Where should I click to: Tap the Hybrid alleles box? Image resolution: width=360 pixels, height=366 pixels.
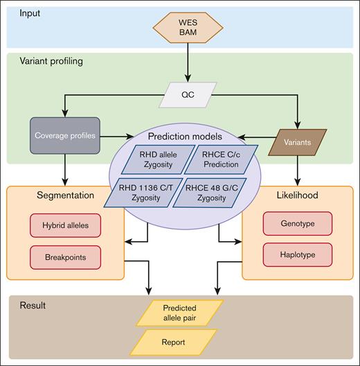click(66, 226)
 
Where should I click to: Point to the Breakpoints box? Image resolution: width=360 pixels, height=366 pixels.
click(66, 256)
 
